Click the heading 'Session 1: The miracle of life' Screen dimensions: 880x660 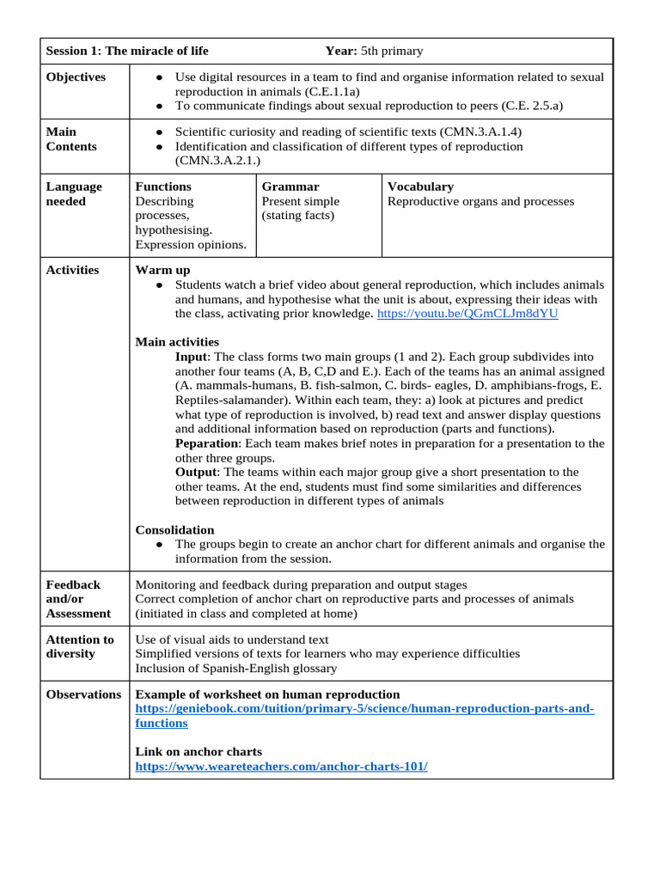point(126,51)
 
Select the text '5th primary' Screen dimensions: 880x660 point(392,51)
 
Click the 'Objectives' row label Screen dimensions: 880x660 point(76,77)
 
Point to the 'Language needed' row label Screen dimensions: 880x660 point(74,194)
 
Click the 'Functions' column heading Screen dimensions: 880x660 point(163,186)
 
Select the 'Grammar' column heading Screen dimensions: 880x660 point(290,186)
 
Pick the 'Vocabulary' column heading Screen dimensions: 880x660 point(420,186)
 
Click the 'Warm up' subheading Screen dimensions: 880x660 point(162,270)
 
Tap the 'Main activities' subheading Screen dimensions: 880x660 point(177,342)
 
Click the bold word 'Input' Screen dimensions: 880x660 point(192,357)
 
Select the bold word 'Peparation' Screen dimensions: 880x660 point(206,443)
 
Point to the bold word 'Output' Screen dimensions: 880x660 point(197,473)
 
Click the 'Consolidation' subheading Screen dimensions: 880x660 point(175,530)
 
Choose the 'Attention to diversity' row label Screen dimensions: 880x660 point(80,646)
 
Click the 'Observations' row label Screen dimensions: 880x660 point(83,694)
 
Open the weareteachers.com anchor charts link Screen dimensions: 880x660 point(281,767)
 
